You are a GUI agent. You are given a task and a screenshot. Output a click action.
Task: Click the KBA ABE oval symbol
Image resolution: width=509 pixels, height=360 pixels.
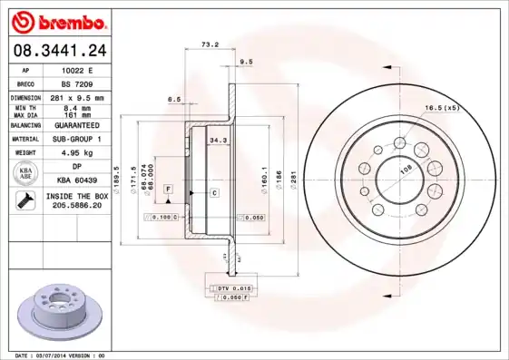[x=26, y=173]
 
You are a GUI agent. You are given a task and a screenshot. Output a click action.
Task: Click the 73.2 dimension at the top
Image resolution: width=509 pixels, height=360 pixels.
[x=210, y=43]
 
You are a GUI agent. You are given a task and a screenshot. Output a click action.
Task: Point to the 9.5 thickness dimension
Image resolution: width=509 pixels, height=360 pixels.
[x=246, y=61]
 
